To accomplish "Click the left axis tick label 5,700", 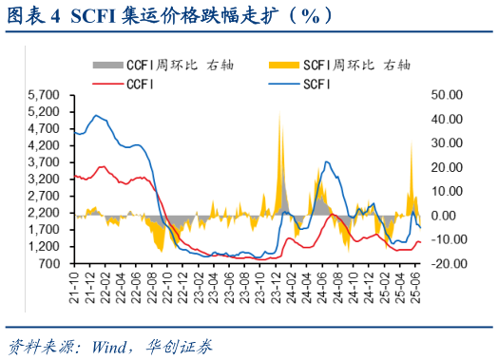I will pos(45,95).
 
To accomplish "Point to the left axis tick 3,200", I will pos(45,179).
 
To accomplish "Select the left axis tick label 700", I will pos(52,263).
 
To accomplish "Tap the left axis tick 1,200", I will pos(45,246).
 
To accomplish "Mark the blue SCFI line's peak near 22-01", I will pos(97,116).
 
